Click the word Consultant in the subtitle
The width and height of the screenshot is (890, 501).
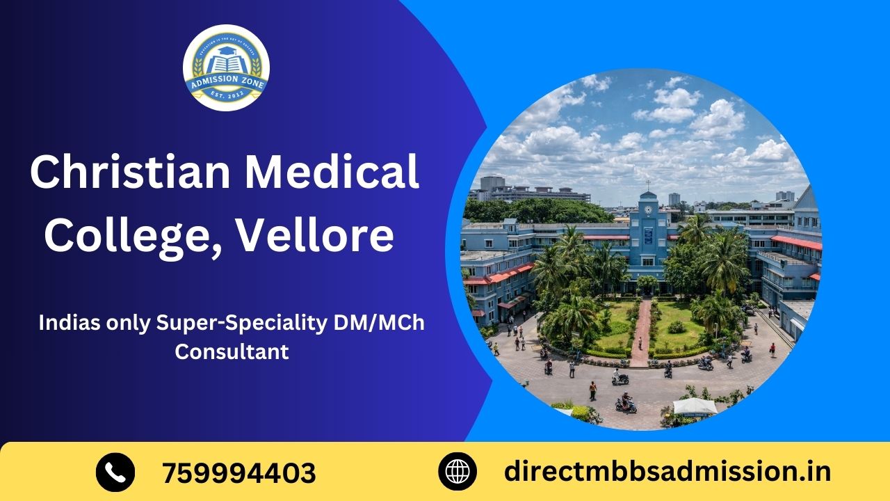click(232, 351)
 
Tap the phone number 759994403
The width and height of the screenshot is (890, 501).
click(238, 473)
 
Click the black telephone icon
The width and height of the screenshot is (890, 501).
click(115, 472)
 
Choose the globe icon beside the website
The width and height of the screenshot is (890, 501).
click(458, 472)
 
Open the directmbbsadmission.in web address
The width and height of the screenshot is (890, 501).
click(667, 472)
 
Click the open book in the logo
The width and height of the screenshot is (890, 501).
click(226, 66)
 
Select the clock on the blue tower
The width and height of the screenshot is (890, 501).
click(649, 209)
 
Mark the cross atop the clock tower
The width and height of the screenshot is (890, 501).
click(648, 186)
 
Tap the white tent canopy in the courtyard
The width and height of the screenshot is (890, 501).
click(695, 406)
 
